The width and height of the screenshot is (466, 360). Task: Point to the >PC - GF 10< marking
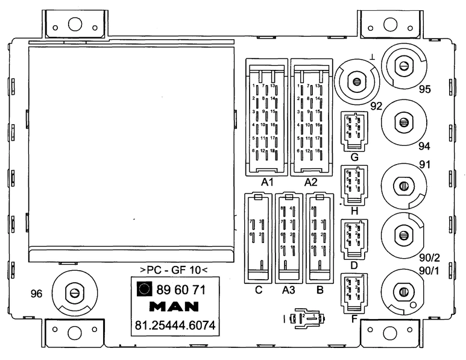point(174,269)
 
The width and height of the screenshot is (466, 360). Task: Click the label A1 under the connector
point(268,182)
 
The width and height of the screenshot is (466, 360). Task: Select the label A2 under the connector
point(311,182)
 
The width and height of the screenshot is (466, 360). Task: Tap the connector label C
point(258,290)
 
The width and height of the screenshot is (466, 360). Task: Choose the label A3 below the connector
point(289,290)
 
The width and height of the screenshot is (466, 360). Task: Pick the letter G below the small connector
point(354,158)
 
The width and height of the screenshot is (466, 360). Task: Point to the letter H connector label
point(354,211)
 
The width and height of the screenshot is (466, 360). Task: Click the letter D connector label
point(354,265)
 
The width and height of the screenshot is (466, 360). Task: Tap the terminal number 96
point(37,294)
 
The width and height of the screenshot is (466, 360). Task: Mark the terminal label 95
point(426,90)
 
